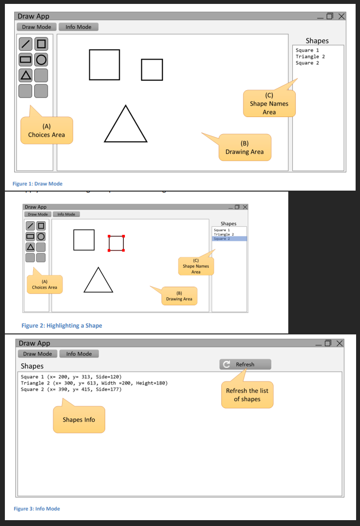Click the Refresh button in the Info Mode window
245,364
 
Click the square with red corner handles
116,243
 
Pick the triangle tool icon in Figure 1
26,75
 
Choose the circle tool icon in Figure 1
41,60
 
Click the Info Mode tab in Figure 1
79,27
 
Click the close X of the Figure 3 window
340,344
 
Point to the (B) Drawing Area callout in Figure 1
244,148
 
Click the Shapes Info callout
79,420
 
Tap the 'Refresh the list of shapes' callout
247,395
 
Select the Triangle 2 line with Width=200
94,383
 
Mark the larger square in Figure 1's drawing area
104,64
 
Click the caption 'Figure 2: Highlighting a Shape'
62,326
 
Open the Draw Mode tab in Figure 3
38,354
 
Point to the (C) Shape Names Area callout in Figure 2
196,266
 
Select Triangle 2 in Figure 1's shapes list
310,57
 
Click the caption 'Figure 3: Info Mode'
37,509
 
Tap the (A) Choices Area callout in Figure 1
46,131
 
